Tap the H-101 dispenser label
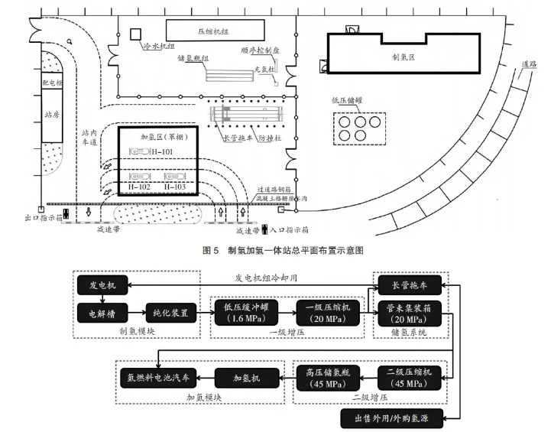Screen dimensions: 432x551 pos(162,153)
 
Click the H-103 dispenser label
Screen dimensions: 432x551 pos(177,186)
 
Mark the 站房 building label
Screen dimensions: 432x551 pos(52,115)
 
